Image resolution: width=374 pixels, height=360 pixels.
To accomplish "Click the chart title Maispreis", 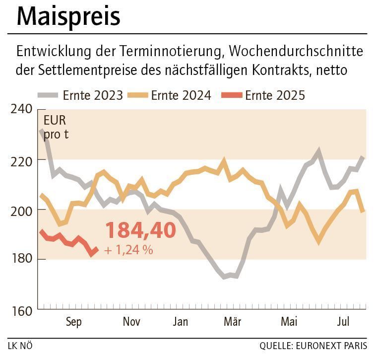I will coord(68,16).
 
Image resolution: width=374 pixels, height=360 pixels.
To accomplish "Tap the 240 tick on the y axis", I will coord(21,109).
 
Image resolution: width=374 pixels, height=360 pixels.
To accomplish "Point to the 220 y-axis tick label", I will coord(21,160).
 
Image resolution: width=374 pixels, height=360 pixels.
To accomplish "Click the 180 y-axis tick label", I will coord(21,259).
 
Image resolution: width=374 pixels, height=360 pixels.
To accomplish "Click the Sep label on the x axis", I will coord(73,322).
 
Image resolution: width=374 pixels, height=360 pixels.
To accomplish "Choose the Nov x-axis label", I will coord(131,322).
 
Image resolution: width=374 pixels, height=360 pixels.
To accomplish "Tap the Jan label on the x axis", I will coord(180,322).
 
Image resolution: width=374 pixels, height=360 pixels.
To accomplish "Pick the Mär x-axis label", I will coord(232,322).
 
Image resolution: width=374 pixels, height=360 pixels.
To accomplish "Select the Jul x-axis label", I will coord(343,322).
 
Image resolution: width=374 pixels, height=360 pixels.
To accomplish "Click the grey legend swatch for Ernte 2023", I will coord(48,95).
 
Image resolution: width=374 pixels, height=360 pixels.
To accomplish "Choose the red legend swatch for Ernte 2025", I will coord(231,95).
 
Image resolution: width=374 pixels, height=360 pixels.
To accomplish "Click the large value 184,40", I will coord(140,230).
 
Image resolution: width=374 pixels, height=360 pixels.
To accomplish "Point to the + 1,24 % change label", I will coord(128,250).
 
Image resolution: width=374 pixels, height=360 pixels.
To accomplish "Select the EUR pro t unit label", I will coord(55,127).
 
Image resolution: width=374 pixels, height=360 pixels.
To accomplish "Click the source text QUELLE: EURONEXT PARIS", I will coord(313,346).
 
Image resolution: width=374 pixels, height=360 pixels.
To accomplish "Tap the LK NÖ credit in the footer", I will coord(20,346).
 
